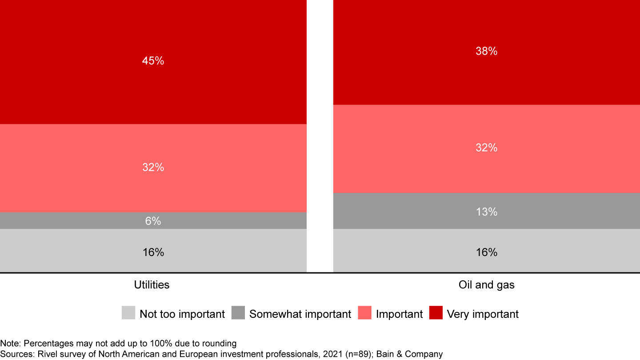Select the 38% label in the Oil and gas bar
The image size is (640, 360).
[486, 52]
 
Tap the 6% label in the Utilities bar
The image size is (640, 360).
[153, 221]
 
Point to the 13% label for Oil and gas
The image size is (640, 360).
[486, 212]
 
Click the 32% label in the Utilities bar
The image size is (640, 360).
[153, 168]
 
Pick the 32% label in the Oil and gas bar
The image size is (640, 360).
[486, 148]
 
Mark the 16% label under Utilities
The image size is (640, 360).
[153, 252]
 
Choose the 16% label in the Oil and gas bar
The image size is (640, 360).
[486, 252]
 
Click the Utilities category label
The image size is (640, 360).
[152, 285]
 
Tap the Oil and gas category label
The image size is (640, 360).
[486, 285]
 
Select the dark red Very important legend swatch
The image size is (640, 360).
[436, 313]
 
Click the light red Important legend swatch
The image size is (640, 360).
[364, 313]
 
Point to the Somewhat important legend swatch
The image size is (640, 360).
[238, 313]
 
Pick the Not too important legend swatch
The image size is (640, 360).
[128, 313]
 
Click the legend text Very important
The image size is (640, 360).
[483, 314]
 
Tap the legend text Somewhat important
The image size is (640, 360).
[300, 314]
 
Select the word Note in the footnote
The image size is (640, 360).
[10, 344]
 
